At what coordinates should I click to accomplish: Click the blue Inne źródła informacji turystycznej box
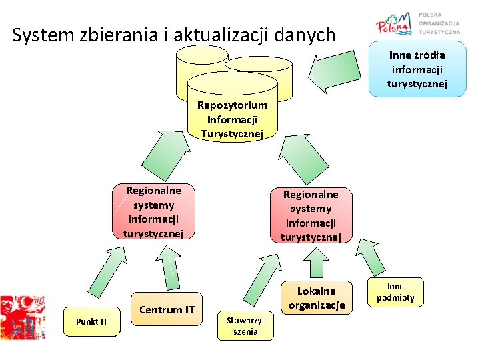417,69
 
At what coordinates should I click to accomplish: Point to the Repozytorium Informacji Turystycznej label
232,119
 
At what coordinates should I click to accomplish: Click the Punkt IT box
91,322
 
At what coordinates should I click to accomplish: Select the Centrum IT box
167,309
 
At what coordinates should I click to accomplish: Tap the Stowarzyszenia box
245,326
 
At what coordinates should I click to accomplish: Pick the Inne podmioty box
395,293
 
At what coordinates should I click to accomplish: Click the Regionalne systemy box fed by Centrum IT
153,211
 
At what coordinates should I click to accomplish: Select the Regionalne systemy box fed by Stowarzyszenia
310,215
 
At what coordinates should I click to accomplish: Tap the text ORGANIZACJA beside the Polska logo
439,23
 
